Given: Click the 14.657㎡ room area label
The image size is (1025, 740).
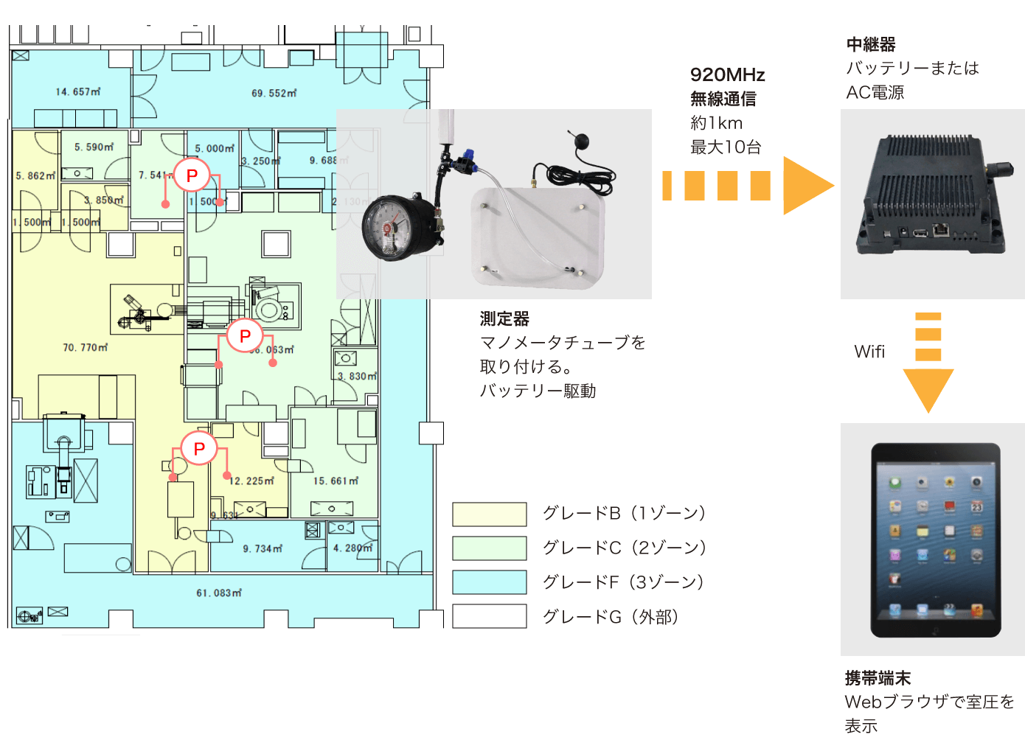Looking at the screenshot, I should click(x=78, y=92).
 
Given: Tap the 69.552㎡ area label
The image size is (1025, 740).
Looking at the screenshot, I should click(x=274, y=94).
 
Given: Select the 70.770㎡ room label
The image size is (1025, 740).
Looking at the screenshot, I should click(x=86, y=347).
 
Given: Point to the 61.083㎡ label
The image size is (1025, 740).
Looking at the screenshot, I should click(x=219, y=593).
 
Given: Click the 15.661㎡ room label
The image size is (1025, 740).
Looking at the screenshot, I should click(x=336, y=481).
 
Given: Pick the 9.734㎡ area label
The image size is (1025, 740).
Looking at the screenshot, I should click(x=263, y=548).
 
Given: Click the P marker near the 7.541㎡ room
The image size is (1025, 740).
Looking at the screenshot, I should click(x=192, y=175).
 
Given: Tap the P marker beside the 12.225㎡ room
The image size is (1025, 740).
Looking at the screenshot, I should click(x=199, y=448).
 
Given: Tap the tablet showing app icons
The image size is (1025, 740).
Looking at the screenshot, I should click(x=935, y=540).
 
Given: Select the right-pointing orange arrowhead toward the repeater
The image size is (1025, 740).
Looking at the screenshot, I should click(x=807, y=186).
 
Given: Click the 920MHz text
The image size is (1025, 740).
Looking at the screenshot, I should click(x=727, y=75).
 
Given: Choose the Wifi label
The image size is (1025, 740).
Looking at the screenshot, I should click(x=869, y=352).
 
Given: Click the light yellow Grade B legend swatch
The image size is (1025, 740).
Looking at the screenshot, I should click(x=490, y=514).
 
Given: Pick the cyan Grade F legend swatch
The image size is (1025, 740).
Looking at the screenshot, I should click(x=490, y=582).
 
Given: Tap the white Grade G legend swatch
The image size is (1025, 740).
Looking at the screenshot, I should click(x=490, y=616).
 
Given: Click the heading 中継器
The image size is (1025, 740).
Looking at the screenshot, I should click(x=871, y=45).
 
